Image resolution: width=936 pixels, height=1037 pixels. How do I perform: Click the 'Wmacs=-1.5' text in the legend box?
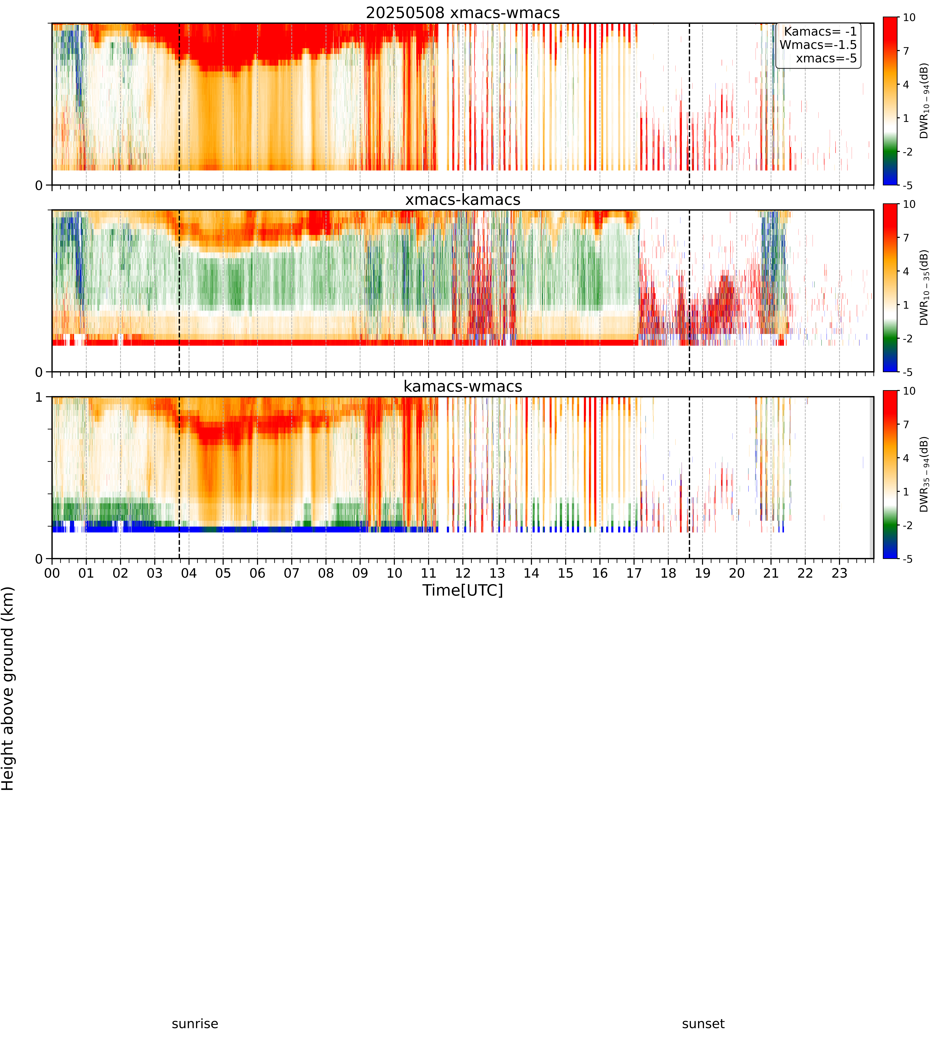pyautogui.click(x=818, y=45)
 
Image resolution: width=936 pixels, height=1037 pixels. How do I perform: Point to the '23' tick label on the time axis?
pyautogui.click(x=839, y=573)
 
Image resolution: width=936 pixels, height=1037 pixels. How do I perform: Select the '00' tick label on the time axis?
pyautogui.click(x=52, y=573)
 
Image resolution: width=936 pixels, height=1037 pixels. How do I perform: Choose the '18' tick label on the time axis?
pyautogui.click(x=668, y=573)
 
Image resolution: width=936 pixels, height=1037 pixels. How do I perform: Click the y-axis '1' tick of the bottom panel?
pyautogui.click(x=39, y=397)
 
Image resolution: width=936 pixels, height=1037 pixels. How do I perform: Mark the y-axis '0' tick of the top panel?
pyautogui.click(x=39, y=185)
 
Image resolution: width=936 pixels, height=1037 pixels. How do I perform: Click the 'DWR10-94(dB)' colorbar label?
pyautogui.click(x=924, y=101)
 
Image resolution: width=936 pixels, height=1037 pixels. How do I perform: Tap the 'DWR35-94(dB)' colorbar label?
pyautogui.click(x=924, y=474)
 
